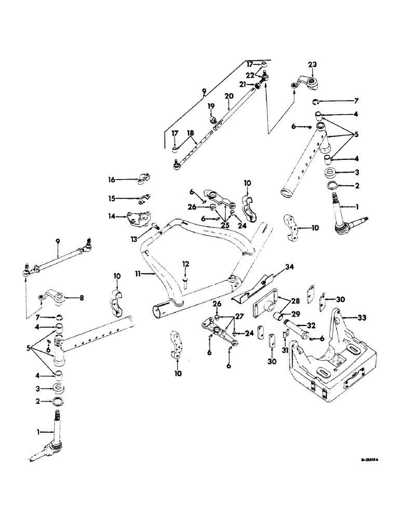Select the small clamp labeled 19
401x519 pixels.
coord(213,121)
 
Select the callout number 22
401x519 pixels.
coord(250,75)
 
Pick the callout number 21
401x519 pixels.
coord(242,84)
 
